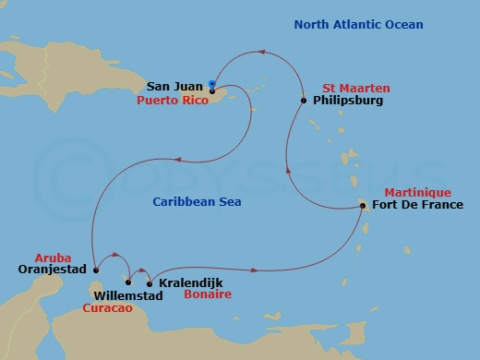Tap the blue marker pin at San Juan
pyautogui.click(x=213, y=83)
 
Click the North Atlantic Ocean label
pyautogui.click(x=358, y=25)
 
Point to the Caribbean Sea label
pyautogui.click(x=197, y=201)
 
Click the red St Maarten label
pyautogui.click(x=356, y=88)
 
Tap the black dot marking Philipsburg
pyautogui.click(x=304, y=100)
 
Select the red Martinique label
pyautogui.click(x=416, y=192)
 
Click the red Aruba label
pyautogui.click(x=52, y=258)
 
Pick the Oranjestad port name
pyautogui.click(x=52, y=270)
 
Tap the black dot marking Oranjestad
pyautogui.click(x=94, y=270)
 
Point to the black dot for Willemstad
pyautogui.click(x=128, y=282)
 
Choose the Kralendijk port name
pyautogui.click(x=189, y=282)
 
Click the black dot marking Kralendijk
pyautogui.click(x=150, y=282)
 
